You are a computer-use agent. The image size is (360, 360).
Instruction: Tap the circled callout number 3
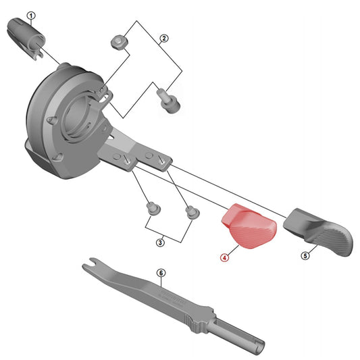click(x=160, y=242)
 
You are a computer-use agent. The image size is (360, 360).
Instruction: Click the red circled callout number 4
click(x=224, y=257)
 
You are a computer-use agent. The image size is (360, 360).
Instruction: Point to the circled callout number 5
click(x=304, y=256)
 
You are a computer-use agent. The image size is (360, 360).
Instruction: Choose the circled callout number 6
click(x=161, y=273)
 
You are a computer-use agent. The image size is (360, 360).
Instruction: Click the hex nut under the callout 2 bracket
click(x=118, y=42)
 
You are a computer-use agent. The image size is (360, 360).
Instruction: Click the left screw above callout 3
click(x=151, y=205)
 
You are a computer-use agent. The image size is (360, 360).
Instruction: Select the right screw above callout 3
click(x=191, y=213)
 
